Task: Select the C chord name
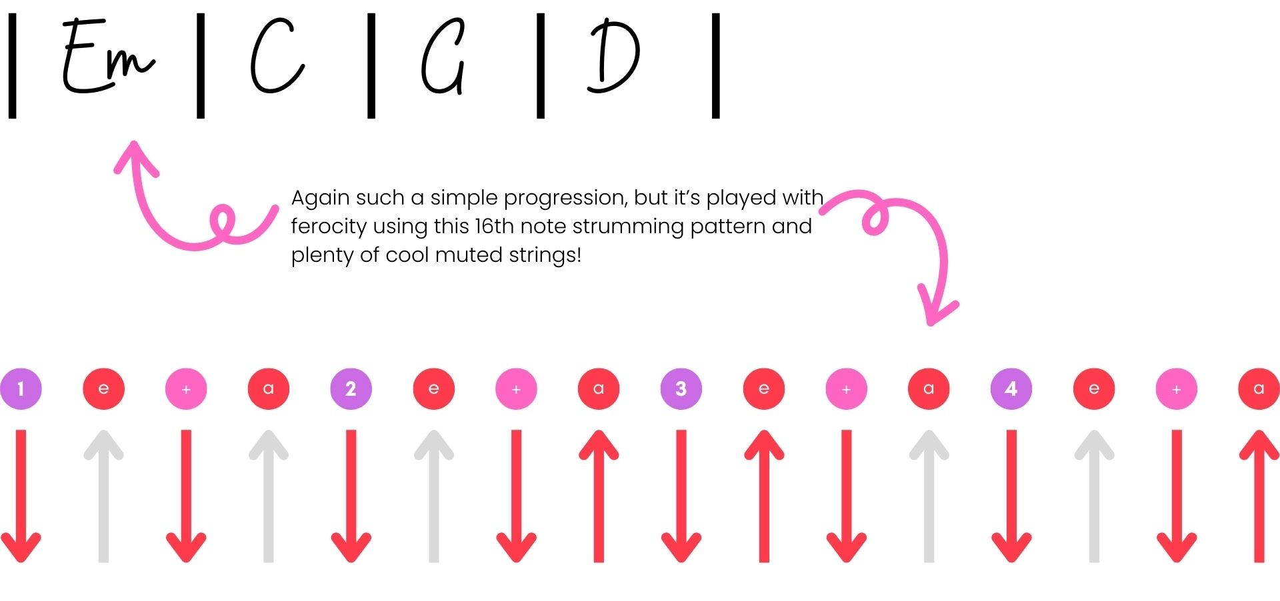(277, 55)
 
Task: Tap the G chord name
(443, 57)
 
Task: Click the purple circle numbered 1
(21, 388)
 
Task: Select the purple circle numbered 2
(351, 388)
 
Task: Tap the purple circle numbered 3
(681, 388)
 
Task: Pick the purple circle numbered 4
(1011, 388)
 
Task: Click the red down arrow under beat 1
(21, 496)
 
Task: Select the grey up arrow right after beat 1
(103, 496)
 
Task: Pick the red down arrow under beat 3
(681, 496)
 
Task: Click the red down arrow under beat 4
(1011, 496)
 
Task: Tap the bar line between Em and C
(201, 65)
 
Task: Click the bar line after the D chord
(716, 65)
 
